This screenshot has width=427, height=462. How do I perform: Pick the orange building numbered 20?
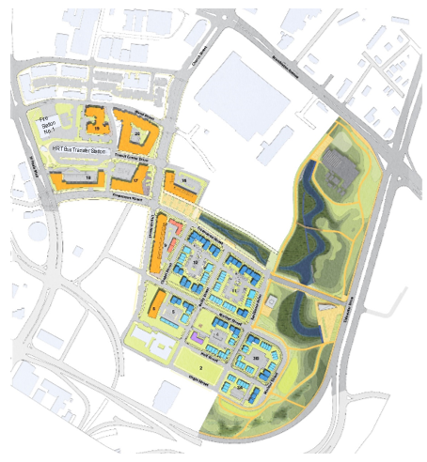pyautogui.click(x=137, y=134)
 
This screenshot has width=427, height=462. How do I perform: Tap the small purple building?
pyautogui.click(x=197, y=334)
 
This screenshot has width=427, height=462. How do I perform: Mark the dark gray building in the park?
pyautogui.click(x=337, y=170)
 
